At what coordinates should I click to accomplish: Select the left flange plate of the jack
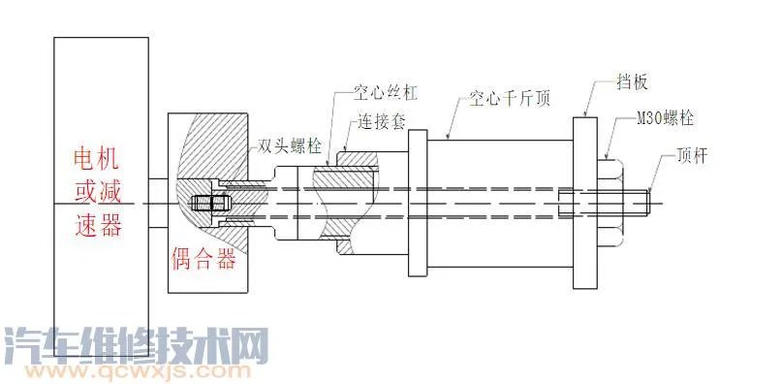[417, 204]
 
